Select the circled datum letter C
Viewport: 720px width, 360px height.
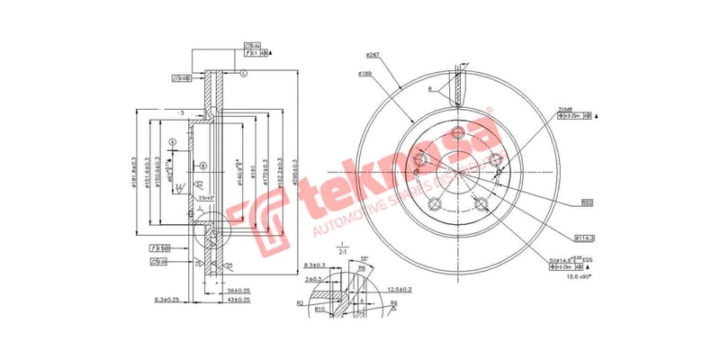click(x=243, y=72)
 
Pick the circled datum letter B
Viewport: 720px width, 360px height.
click(x=203, y=166)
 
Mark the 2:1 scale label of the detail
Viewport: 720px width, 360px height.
click(x=343, y=254)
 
